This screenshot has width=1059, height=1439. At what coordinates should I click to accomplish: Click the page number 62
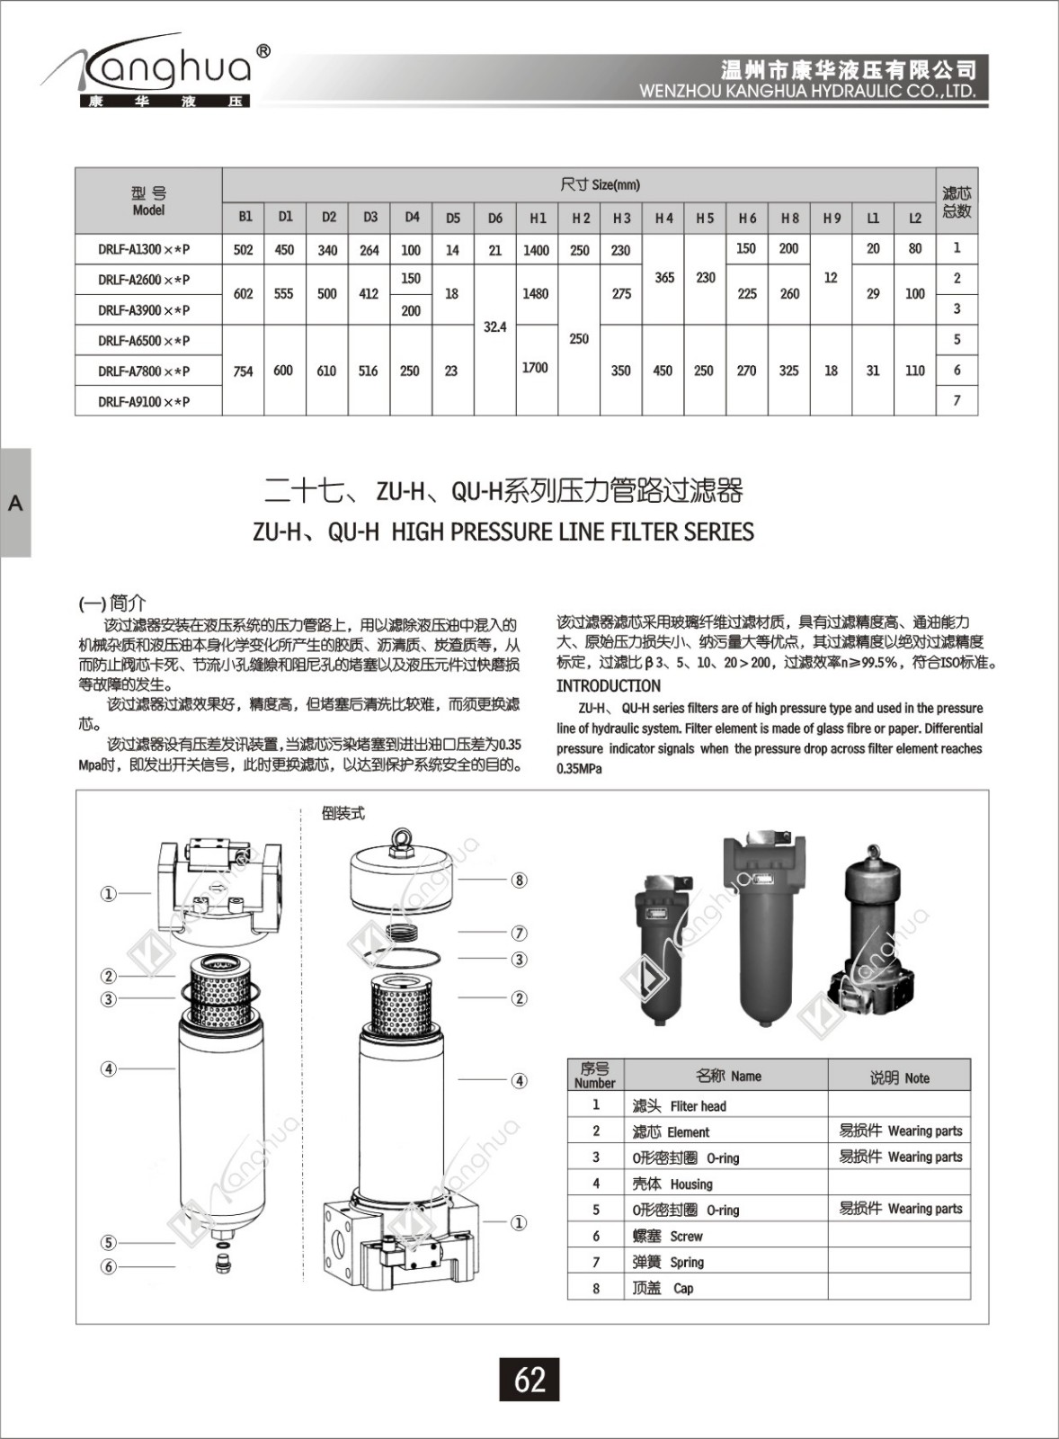(x=529, y=1379)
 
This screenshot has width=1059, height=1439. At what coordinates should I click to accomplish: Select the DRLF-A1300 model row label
(x=144, y=249)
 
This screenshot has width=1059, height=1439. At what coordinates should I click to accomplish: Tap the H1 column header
(x=538, y=218)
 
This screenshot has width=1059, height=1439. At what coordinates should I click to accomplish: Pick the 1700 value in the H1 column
(x=535, y=367)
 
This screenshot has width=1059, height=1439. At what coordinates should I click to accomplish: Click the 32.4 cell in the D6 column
(x=494, y=326)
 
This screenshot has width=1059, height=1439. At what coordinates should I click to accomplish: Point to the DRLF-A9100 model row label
(x=144, y=401)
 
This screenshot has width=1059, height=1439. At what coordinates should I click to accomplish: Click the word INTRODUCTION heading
(x=608, y=685)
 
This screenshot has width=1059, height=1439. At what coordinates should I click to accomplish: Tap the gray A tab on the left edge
(x=15, y=503)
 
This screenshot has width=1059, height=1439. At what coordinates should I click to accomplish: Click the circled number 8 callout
(x=519, y=880)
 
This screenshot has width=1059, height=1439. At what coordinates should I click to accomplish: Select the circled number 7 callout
(x=519, y=933)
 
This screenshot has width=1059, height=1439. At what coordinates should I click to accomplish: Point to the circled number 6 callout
(x=109, y=1266)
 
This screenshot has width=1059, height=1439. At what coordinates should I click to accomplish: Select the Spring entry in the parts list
(x=686, y=1262)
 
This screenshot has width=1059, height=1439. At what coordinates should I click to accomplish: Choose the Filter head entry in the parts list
(x=698, y=1105)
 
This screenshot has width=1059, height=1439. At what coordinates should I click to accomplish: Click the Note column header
(x=899, y=1077)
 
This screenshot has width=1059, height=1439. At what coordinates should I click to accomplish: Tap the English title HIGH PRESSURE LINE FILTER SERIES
(x=503, y=532)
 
